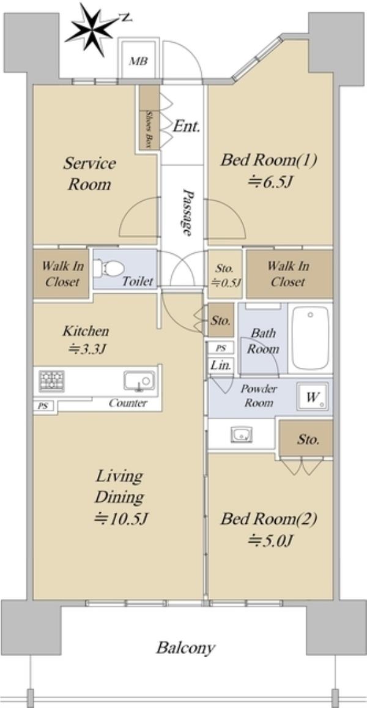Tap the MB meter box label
tap(138, 61)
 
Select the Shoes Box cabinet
tap(149, 117)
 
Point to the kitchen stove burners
tap(51, 381)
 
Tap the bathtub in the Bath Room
tap(310, 338)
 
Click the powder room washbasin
tap(242, 435)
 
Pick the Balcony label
tap(185, 648)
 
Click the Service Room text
tap(89, 173)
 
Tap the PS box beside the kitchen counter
tap(43, 406)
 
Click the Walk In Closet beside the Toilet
tap(61, 274)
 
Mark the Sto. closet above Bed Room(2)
tap(306, 439)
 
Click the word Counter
tap(128, 403)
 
